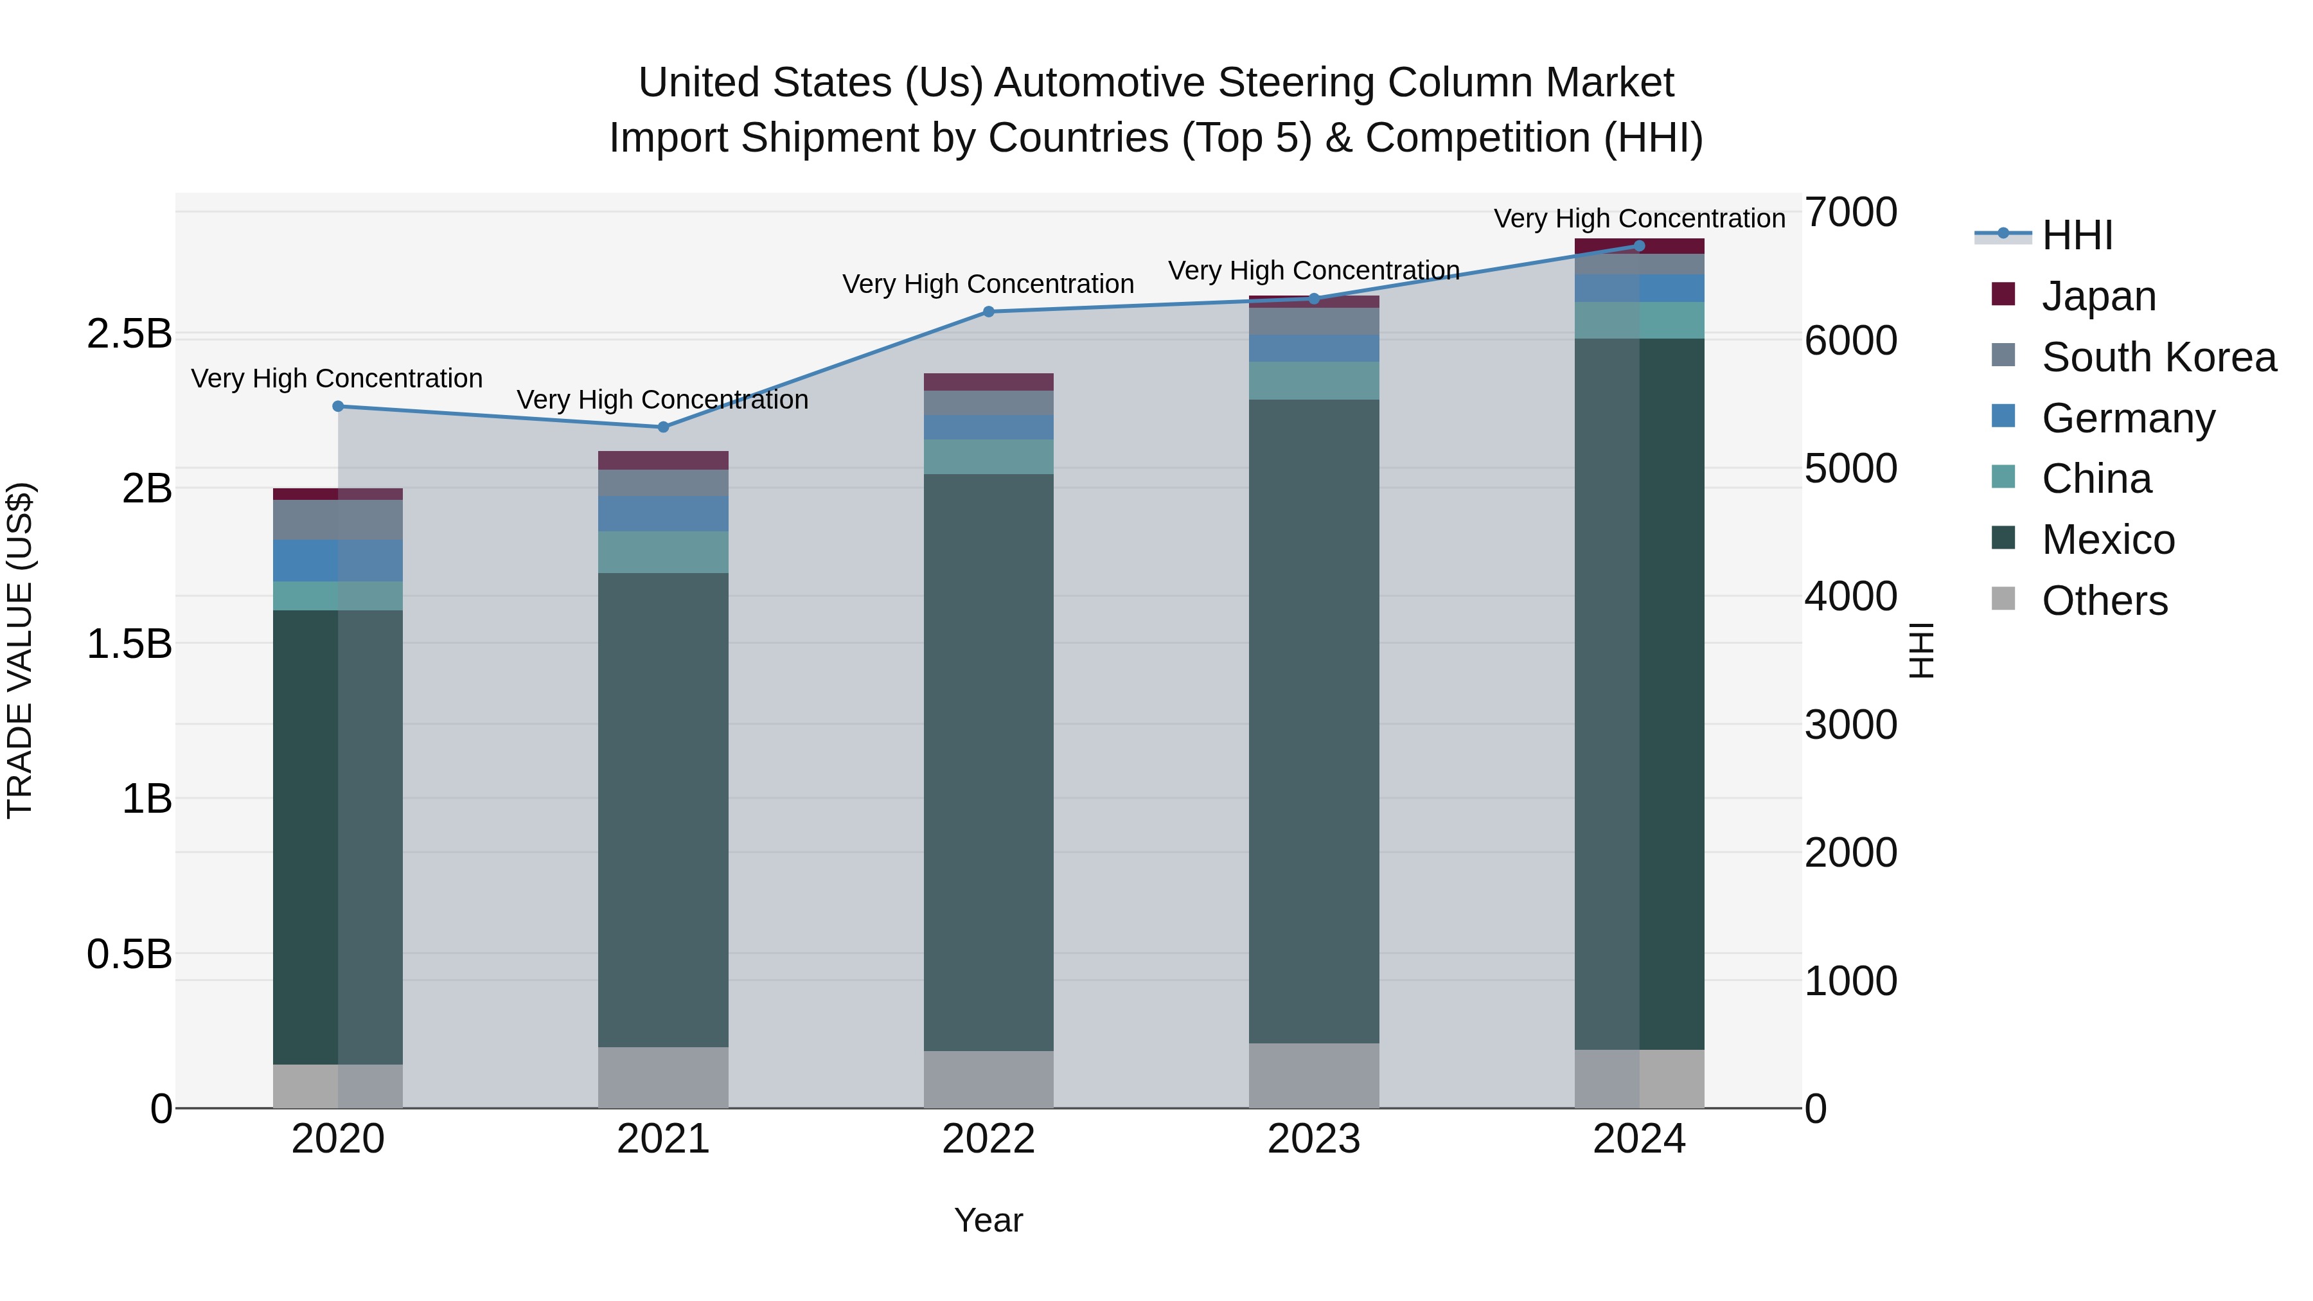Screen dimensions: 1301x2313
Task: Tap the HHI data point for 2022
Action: coord(989,312)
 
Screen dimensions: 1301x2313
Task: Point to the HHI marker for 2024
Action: coord(1638,246)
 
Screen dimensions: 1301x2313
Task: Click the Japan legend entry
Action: coord(2098,296)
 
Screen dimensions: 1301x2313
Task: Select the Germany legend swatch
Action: coord(2003,416)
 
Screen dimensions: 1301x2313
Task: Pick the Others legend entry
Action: coord(2104,601)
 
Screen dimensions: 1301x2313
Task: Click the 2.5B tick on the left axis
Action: coord(129,334)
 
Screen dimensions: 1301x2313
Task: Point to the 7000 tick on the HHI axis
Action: coord(1850,213)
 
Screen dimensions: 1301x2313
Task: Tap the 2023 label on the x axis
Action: coord(1314,1139)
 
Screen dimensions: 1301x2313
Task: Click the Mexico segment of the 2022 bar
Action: coord(989,763)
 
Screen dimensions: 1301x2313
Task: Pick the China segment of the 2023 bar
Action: coord(1314,381)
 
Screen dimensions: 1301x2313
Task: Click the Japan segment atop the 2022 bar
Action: coord(989,382)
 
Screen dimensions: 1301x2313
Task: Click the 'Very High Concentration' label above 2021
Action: coord(662,400)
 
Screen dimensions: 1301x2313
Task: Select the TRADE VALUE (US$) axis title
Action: coord(20,650)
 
